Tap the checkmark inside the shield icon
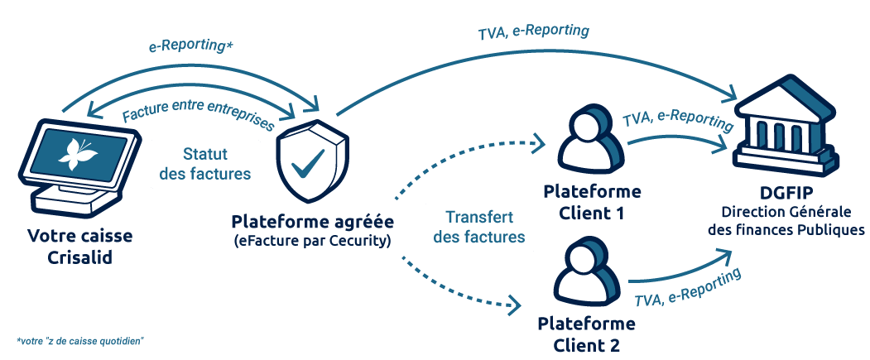pos(307,162)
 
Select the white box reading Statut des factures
pos(204,164)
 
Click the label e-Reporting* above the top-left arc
pos(191,46)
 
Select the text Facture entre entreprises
pos(198,109)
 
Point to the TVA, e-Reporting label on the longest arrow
pos(534,32)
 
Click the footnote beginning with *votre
pos(79,341)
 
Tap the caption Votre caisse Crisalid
pos(79,247)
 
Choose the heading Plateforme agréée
pos(312,222)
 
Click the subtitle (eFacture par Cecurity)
pos(312,241)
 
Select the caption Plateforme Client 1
pos(591,202)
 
